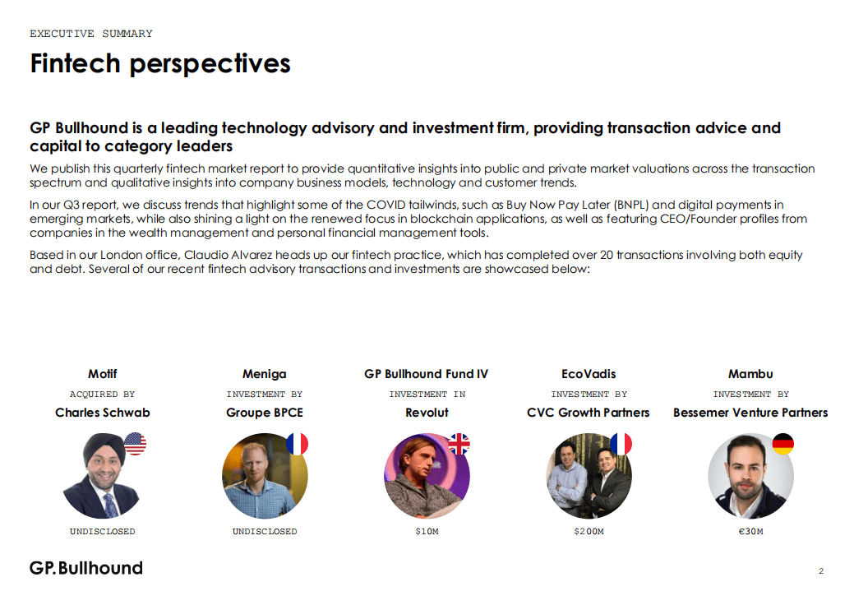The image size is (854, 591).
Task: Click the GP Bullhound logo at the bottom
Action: coord(86,568)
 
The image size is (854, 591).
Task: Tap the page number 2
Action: coord(821,570)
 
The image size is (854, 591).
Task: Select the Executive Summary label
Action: coord(91,34)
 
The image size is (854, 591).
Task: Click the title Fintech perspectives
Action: coord(160,64)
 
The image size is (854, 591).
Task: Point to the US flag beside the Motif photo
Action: coord(135,443)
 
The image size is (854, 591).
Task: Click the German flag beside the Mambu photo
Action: coord(783,444)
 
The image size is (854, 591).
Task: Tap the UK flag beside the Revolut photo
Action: coord(459,444)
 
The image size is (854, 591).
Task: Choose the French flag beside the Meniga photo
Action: coord(298,444)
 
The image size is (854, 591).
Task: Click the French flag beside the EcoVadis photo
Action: coord(621,444)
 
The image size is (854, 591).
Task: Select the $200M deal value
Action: coord(589,531)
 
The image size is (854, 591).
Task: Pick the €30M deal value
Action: coord(750,531)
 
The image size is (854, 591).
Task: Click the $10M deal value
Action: coord(427,531)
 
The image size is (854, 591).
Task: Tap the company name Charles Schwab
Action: coord(103,413)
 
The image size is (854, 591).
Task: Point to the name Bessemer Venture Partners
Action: coord(750,413)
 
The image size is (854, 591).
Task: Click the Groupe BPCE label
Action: coord(265,413)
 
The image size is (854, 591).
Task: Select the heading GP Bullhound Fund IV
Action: coord(427,374)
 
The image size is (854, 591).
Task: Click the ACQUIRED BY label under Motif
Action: coord(103,394)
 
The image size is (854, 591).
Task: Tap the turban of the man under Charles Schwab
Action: coord(103,446)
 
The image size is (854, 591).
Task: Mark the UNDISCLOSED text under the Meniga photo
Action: coord(265,531)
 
